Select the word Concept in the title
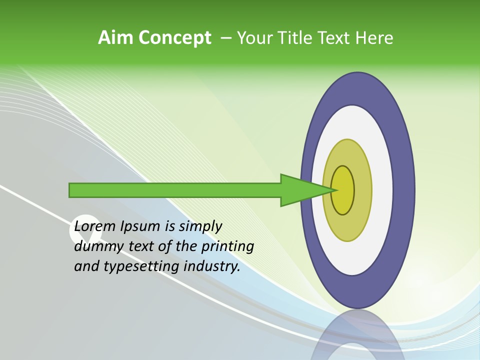click(174, 38)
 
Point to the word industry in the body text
click(212, 266)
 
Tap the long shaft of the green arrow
click(175, 190)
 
